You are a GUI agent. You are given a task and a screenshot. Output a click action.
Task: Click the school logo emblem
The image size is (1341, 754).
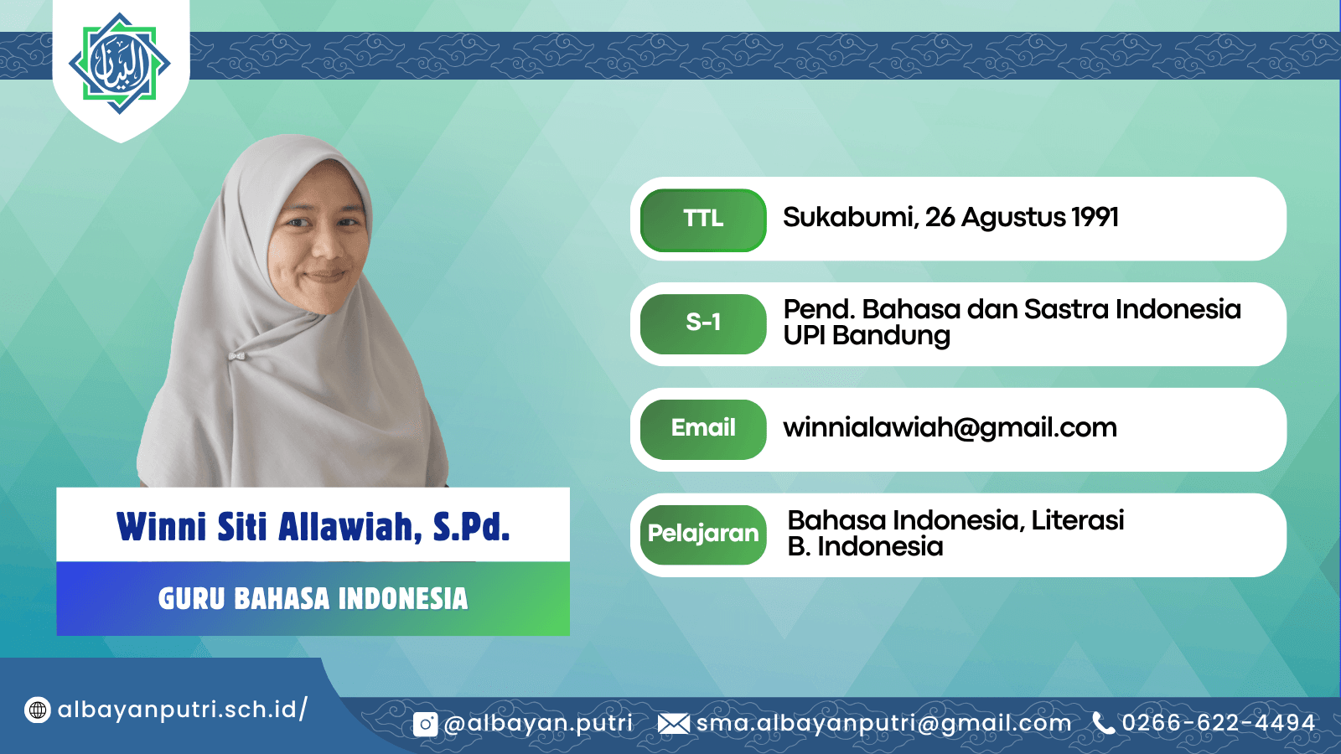120,64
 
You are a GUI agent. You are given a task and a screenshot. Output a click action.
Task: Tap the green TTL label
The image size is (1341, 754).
703,219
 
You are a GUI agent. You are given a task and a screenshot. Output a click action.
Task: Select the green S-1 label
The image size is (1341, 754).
703,323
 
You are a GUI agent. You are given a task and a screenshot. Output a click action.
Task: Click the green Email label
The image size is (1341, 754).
703,429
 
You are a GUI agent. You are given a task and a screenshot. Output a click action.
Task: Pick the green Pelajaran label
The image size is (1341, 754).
703,535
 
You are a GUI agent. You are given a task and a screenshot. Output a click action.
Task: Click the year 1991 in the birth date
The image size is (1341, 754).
1095,217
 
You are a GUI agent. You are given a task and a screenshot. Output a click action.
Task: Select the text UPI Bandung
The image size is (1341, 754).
867,336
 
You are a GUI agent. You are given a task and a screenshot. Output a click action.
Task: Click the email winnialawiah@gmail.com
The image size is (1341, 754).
950,428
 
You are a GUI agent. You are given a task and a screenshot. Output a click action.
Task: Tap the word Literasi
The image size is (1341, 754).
1078,520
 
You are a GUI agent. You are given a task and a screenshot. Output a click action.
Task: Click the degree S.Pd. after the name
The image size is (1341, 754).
472,527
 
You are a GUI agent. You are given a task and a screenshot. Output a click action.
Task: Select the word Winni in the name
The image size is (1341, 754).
161,527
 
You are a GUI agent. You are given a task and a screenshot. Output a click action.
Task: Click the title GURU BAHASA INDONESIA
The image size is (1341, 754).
313,599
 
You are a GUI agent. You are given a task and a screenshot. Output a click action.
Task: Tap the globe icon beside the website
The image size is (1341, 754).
37,710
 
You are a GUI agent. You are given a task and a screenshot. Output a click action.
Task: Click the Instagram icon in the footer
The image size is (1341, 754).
425,724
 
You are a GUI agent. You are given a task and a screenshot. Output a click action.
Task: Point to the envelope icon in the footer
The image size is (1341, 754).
674,724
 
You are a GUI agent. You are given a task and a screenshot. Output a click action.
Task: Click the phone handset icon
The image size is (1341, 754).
1103,723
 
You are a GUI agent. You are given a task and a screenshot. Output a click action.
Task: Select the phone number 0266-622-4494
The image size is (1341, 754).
1219,723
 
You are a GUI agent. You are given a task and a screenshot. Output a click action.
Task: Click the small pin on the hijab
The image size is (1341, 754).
237,357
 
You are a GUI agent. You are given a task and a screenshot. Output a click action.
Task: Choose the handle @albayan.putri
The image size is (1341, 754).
538,724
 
